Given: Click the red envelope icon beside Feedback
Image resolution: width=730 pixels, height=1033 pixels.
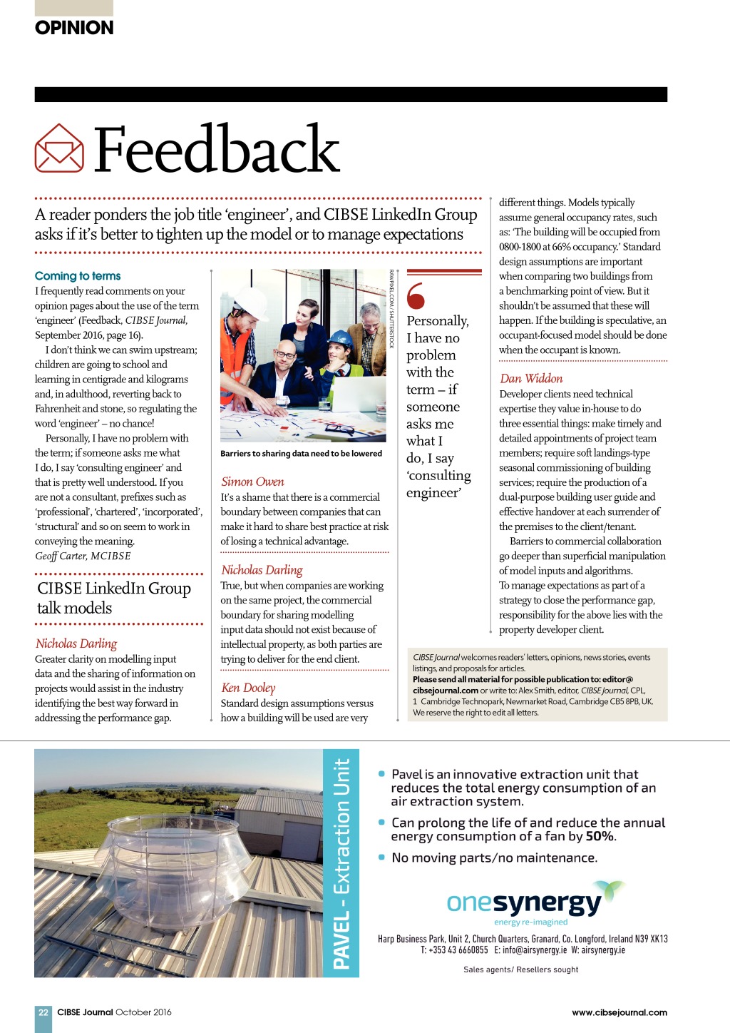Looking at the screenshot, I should [59, 148].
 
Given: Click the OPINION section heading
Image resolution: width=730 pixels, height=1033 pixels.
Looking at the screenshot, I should [74, 28].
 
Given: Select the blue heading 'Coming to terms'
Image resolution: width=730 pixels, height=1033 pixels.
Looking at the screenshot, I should [78, 276].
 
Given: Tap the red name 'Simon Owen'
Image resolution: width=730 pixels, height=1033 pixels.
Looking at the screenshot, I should [252, 482].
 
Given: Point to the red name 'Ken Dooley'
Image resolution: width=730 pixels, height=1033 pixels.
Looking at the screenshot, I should [248, 688].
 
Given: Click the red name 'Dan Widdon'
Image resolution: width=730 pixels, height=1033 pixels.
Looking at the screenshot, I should [531, 379].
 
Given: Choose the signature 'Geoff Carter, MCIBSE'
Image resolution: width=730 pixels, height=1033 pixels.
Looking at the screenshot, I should [83, 556].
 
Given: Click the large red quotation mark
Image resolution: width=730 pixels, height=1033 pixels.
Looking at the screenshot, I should [416, 296].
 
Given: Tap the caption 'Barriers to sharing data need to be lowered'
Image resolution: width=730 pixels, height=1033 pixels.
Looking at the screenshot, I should [301, 454].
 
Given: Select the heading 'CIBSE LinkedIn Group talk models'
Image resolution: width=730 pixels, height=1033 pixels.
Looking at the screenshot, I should [114, 598].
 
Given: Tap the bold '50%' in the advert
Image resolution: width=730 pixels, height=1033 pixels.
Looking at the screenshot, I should [600, 836].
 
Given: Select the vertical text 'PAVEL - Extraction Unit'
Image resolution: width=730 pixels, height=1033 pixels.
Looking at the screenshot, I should [341, 863].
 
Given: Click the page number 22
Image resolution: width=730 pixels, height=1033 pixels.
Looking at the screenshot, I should [43, 1012].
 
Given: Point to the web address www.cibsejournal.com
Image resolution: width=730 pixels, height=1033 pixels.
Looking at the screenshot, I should [619, 1012].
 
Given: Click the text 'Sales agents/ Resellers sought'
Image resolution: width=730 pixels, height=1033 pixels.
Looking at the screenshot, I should [520, 970].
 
